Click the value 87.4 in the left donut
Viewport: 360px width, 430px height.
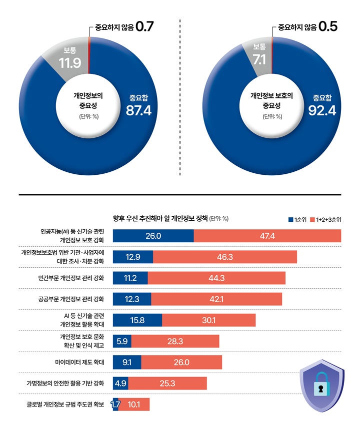tap(138, 110)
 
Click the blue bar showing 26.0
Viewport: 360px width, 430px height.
tap(153, 236)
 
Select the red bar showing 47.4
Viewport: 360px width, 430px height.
tap(267, 236)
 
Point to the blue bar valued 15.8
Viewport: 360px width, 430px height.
tap(137, 320)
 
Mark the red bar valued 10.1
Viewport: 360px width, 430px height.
tap(134, 404)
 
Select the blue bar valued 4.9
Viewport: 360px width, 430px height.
tap(120, 383)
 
